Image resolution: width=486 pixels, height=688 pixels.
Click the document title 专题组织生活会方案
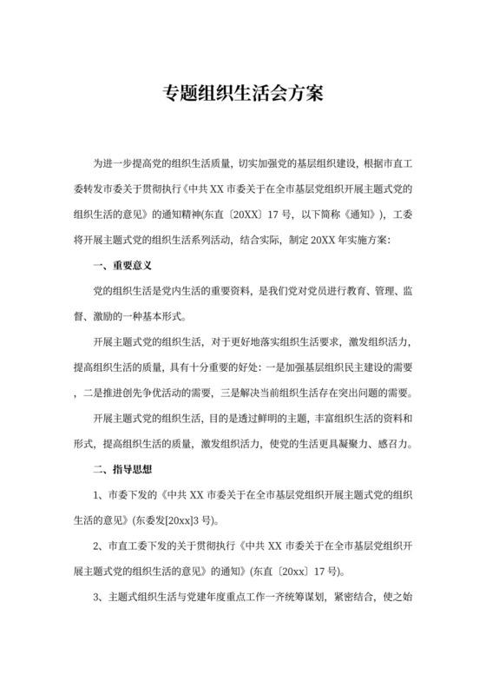click(x=243, y=93)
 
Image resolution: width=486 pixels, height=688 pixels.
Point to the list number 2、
click(x=97, y=547)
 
